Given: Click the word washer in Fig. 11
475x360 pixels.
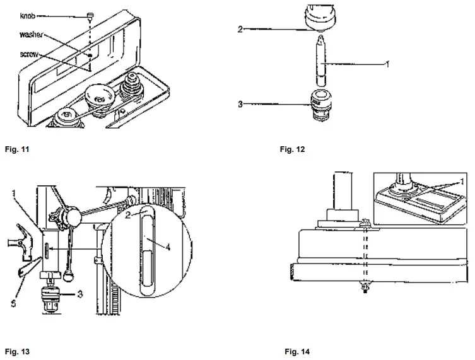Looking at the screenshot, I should point(30,35).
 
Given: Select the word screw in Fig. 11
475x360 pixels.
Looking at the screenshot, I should point(29,55).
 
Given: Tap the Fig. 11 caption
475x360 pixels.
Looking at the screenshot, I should point(15,150).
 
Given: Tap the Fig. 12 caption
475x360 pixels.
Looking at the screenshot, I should point(293,150).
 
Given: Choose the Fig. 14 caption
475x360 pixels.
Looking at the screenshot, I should point(297,351).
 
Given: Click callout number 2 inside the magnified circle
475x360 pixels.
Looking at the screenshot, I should point(128,215).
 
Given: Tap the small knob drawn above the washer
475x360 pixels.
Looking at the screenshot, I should point(91,15).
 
